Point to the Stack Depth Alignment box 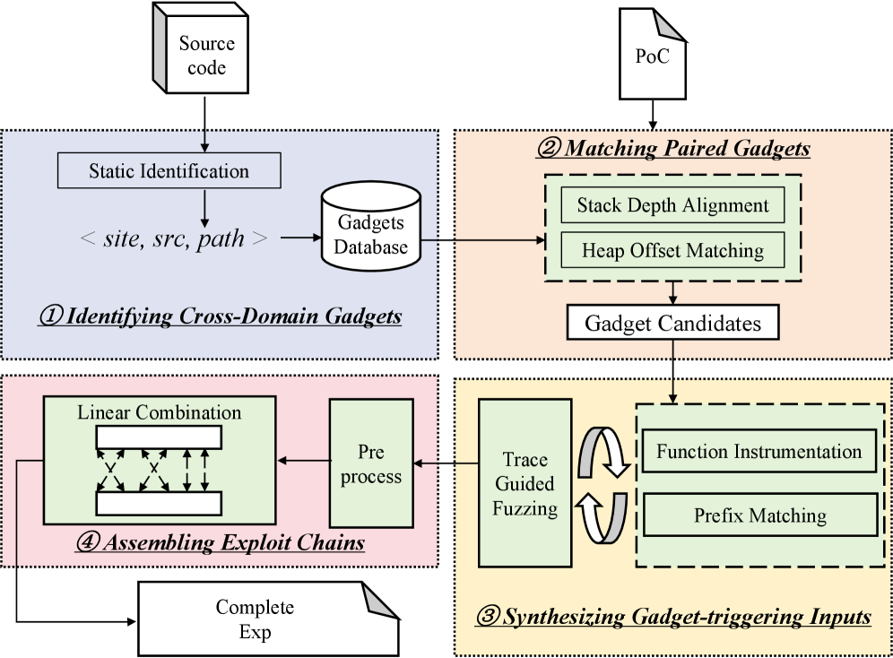click(672, 205)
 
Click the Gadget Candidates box click(672, 323)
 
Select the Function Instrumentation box click(759, 452)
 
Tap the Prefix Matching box click(759, 515)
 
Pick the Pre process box click(371, 464)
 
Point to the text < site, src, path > click(173, 239)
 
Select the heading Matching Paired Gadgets click(672, 149)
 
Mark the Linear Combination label click(160, 413)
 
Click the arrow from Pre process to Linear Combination click(303, 462)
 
